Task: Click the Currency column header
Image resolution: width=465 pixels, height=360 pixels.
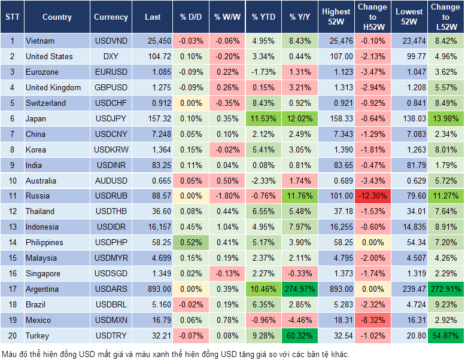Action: point(111,17)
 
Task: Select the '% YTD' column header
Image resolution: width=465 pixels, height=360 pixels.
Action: point(264,17)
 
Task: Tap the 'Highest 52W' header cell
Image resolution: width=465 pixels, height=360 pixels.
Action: point(336,17)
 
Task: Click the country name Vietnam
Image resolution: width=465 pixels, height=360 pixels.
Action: point(40,41)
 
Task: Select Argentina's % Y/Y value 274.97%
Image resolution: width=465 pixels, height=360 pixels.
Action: point(300,289)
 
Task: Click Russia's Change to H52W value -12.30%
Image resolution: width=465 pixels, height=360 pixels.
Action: point(373,196)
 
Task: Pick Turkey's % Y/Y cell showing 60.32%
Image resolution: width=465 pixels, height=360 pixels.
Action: point(301,335)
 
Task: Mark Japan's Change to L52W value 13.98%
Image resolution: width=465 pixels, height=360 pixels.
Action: point(445,118)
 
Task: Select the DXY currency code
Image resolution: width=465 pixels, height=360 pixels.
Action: point(110,56)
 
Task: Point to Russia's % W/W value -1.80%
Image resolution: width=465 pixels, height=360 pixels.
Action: point(227,196)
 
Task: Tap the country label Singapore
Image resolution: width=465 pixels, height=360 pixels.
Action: point(43,273)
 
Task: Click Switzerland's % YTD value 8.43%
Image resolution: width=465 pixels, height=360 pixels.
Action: point(264,103)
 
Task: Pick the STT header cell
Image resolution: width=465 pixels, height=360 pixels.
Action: point(12,17)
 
